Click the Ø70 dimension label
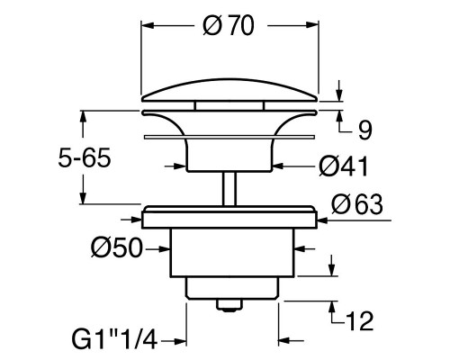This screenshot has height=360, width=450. (229, 27)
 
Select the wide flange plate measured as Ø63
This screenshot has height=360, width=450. (231, 216)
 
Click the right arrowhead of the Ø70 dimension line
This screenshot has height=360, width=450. (315, 27)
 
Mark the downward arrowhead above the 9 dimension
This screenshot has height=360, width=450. (338, 99)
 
